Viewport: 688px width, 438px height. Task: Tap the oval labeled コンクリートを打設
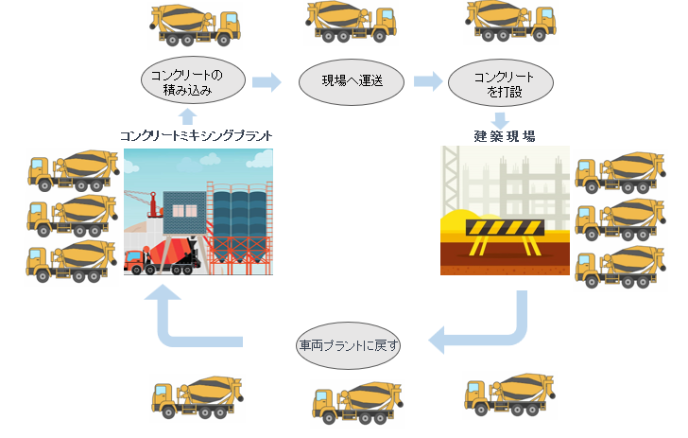(x=503, y=82)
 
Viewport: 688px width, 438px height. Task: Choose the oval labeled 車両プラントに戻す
(x=349, y=346)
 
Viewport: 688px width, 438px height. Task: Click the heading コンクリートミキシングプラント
(x=197, y=136)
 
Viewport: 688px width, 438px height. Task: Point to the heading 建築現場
(x=505, y=135)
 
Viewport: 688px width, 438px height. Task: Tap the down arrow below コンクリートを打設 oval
(x=503, y=120)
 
